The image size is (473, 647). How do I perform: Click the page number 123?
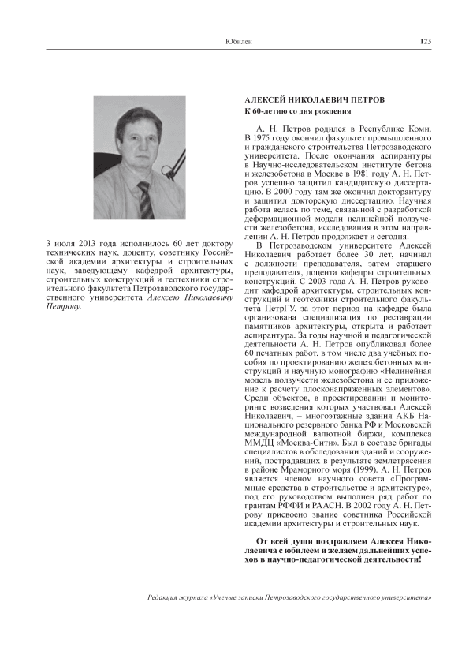pos(425,41)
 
